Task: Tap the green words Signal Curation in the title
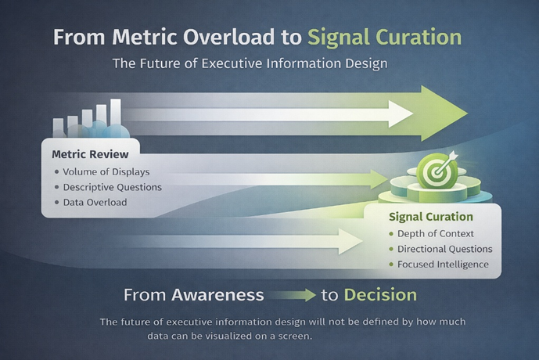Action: [x=384, y=38]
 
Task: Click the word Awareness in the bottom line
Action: [x=217, y=295]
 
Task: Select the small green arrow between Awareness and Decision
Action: [x=291, y=296]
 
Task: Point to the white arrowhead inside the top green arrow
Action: [x=401, y=114]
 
